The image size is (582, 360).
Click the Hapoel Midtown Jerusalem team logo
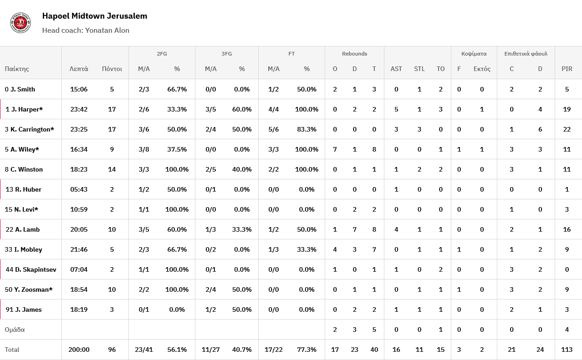(20, 22)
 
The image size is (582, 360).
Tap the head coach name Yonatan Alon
(107, 30)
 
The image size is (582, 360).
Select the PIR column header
(567, 69)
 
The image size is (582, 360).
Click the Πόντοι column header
(112, 69)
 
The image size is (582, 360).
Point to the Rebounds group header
(354, 54)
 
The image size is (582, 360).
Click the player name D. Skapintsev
(36, 269)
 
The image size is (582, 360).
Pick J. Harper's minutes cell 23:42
(79, 109)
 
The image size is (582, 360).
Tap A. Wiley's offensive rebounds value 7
(335, 149)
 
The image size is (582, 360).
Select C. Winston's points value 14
(112, 169)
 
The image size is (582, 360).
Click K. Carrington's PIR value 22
(567, 129)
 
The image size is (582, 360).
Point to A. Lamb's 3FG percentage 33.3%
(242, 229)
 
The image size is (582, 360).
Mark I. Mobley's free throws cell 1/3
(273, 249)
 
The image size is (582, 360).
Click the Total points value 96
(112, 350)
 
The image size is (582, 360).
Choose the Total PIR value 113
(567, 350)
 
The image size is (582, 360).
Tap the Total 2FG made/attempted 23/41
(144, 350)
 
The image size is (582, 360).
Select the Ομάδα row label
(15, 330)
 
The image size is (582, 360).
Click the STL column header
(419, 69)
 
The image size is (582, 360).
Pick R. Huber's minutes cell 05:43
(79, 189)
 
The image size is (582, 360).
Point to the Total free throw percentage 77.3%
(306, 350)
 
